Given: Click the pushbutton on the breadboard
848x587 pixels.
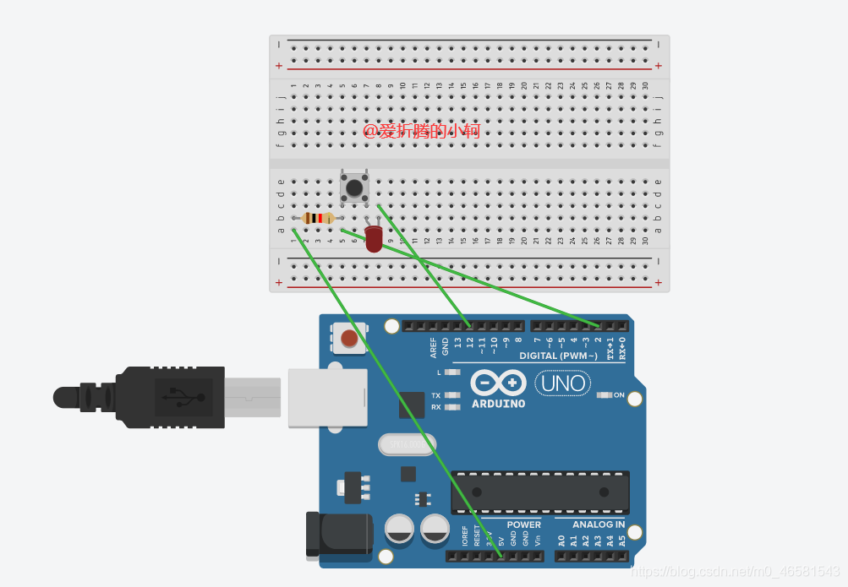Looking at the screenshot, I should [x=355, y=188].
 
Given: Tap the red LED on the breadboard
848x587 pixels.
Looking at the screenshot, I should [x=374, y=238].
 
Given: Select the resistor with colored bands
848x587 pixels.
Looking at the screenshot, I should [x=318, y=218].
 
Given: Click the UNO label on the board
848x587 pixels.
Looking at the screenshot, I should [x=564, y=384].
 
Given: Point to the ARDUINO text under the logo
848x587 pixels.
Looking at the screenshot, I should [x=498, y=404].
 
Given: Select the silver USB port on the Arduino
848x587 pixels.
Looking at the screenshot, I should [x=327, y=397].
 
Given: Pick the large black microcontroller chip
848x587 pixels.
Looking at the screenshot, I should [x=539, y=492].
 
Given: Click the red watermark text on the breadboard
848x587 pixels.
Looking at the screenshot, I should [x=422, y=131].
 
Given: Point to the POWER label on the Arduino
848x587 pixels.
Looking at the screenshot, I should [x=523, y=524].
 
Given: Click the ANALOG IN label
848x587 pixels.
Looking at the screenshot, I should [x=599, y=524].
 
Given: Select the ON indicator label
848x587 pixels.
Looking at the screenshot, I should [x=618, y=395].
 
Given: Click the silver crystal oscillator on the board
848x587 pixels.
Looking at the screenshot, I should [x=407, y=443].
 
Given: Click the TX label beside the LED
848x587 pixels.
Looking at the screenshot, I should [x=435, y=395].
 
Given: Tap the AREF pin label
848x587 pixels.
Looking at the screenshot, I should [x=434, y=347].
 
